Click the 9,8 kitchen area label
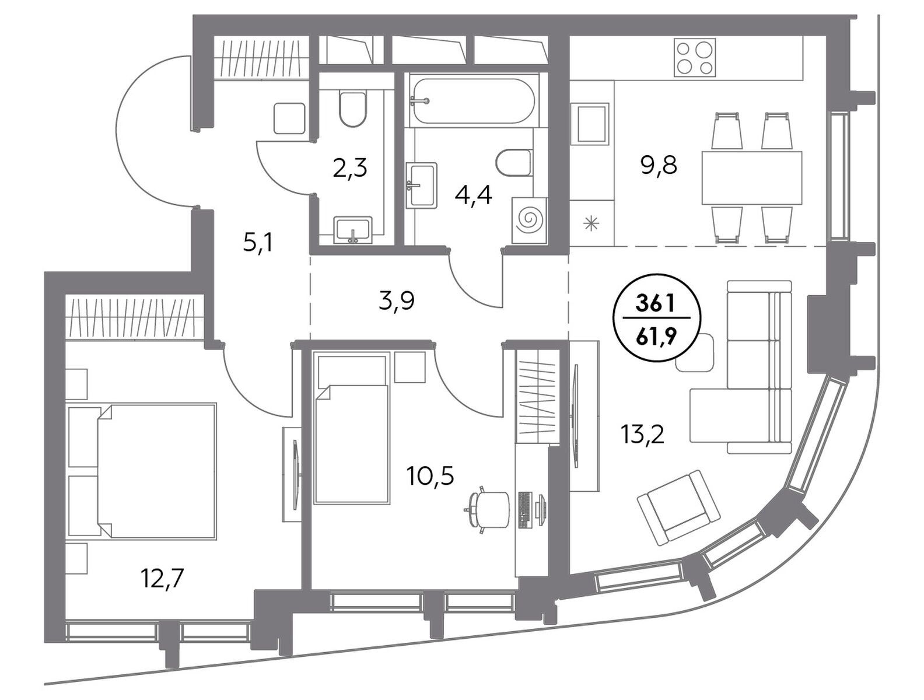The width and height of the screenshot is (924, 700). point(659,166)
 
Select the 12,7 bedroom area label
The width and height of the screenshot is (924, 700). point(163,579)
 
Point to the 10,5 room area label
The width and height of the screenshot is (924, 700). point(430,477)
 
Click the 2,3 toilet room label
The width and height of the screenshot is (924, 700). point(350,169)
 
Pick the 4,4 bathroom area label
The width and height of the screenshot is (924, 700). point(474,195)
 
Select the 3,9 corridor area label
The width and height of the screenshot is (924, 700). point(397,301)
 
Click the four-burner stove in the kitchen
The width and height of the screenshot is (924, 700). point(695,57)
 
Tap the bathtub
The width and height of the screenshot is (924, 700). point(474,101)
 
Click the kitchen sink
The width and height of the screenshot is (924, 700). point(590,124)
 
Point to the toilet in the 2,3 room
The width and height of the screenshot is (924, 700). point(352,108)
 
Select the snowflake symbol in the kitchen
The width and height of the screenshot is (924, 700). point(592,223)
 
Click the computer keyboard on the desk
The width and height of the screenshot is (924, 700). point(524,510)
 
